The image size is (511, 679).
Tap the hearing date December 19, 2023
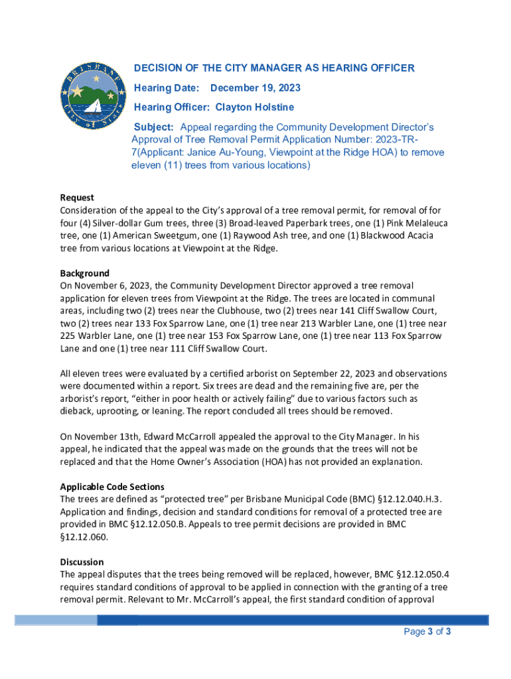256,88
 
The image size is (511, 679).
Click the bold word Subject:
154,127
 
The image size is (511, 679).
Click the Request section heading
77,198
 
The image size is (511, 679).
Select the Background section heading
85,273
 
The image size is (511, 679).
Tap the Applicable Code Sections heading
112,486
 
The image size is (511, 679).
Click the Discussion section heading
82,562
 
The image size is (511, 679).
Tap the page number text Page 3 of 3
427,631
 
